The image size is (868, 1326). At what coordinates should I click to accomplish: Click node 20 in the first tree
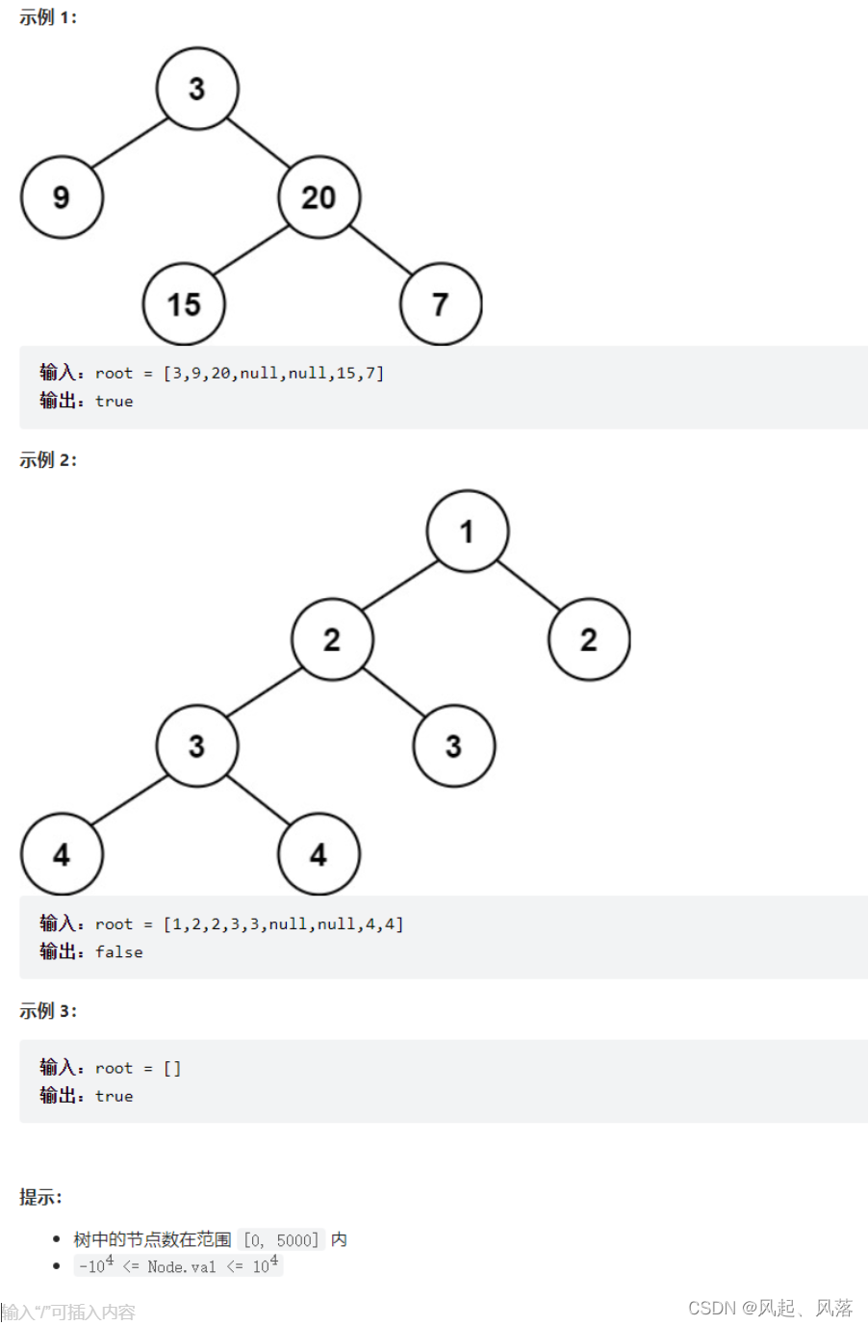(x=319, y=197)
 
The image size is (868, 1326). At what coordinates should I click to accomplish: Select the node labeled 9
(x=62, y=197)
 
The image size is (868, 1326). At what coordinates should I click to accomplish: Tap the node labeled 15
(x=184, y=304)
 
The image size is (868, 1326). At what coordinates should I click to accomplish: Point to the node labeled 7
(x=441, y=304)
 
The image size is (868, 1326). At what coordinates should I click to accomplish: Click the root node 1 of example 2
(x=467, y=532)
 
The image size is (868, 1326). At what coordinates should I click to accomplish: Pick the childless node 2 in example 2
(x=589, y=639)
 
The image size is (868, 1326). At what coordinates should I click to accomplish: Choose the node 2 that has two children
(x=332, y=639)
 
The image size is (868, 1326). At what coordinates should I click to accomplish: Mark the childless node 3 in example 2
(x=453, y=746)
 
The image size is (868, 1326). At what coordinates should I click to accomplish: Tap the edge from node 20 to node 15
(x=250, y=251)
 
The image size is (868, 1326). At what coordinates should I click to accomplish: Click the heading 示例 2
(x=48, y=460)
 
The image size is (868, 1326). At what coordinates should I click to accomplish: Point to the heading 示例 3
(x=48, y=1011)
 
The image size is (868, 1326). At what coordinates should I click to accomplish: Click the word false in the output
(x=119, y=952)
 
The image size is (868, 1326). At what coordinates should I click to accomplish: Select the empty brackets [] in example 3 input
(x=172, y=1068)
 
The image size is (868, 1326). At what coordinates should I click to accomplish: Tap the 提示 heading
(x=40, y=1197)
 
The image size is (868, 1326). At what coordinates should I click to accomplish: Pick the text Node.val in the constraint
(x=182, y=1267)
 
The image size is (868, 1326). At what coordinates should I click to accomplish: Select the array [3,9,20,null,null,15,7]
(x=273, y=374)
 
